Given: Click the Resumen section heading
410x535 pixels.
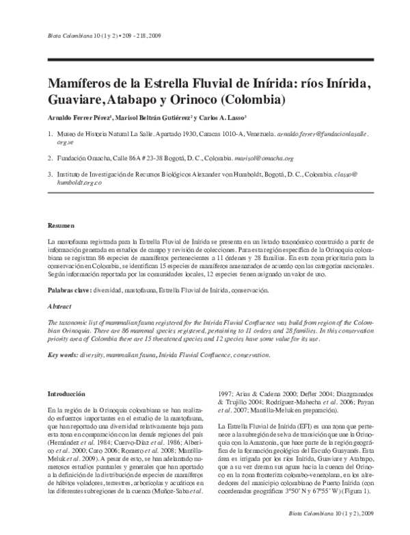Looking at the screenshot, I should coord(61,225).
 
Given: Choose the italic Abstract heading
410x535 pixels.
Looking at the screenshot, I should coord(61,306).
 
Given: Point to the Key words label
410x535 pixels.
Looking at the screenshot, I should coord(64,354).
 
